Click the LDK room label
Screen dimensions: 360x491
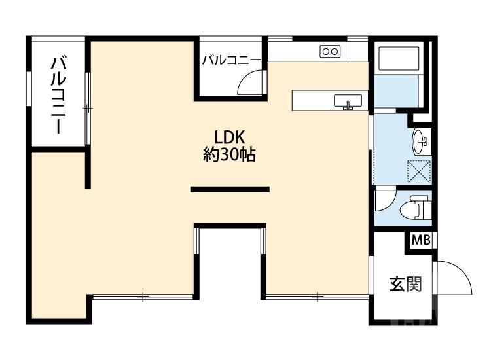pos(229,137)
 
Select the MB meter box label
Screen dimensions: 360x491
pos(421,241)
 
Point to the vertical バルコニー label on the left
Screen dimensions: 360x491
pos(60,96)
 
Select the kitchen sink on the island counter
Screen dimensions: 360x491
pos(348,101)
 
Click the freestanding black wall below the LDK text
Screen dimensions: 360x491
pos(230,189)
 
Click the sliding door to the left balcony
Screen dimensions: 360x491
pos(87,108)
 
